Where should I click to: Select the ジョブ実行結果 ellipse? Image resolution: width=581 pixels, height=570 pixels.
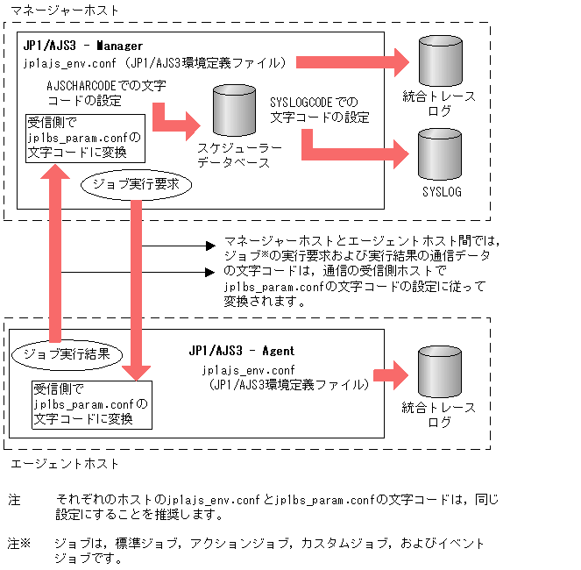67,353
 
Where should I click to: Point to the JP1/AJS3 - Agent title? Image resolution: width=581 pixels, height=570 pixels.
241,350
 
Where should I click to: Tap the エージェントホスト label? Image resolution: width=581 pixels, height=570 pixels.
61,463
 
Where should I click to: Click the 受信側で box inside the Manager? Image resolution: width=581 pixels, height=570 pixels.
83,138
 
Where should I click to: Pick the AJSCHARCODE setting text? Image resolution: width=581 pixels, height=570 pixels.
106,92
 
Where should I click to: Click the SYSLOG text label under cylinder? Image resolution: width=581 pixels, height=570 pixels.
441,191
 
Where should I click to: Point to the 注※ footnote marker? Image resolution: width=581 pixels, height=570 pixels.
18,544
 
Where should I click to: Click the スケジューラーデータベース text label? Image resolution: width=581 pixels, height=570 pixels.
238,156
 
